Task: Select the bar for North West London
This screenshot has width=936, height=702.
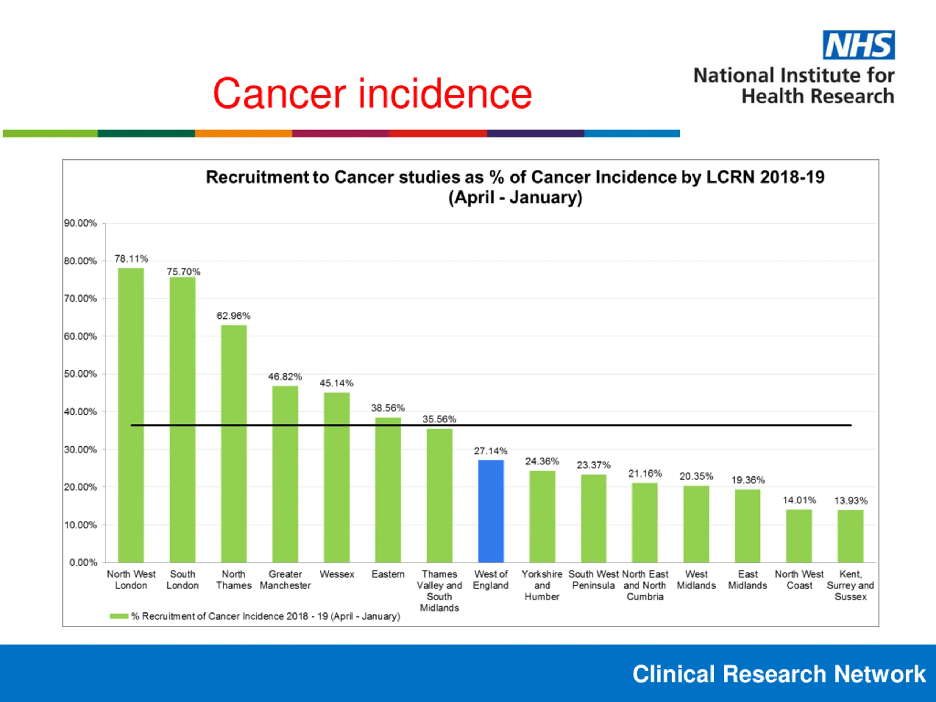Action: (x=131, y=415)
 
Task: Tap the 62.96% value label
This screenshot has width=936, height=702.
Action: (x=234, y=316)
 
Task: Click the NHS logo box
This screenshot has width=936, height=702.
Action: (x=858, y=45)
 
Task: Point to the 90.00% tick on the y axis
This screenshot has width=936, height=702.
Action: (x=80, y=223)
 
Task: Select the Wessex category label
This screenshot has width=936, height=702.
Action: (x=337, y=574)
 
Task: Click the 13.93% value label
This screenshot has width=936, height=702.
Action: (x=850, y=501)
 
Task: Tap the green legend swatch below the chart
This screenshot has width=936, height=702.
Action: (x=119, y=616)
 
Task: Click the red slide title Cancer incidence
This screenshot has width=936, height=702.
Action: (x=372, y=94)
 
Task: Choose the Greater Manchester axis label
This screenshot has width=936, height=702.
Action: (x=285, y=580)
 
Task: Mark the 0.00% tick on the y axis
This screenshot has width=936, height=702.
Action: (x=83, y=562)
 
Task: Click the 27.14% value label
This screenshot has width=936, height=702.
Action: (x=490, y=451)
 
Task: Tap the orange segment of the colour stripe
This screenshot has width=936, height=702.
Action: (x=243, y=134)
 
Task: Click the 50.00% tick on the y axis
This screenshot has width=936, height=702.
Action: (x=80, y=374)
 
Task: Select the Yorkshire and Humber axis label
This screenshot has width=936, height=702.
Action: (x=542, y=585)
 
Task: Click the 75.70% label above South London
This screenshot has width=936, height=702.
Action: (x=183, y=272)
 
